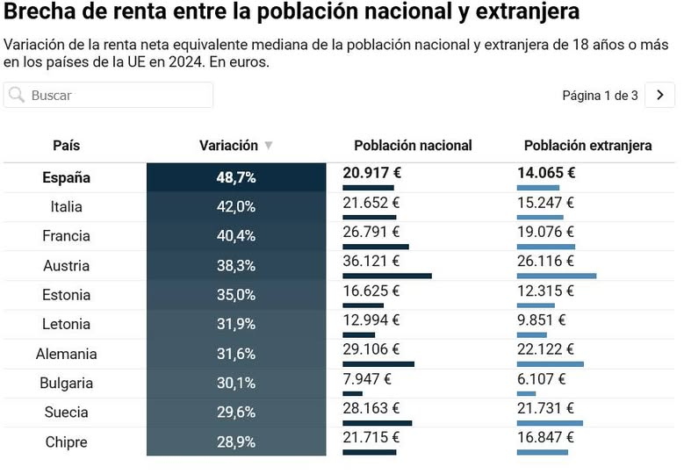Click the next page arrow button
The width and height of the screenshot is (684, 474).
click(x=659, y=95)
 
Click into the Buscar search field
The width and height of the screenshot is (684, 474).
click(x=119, y=95)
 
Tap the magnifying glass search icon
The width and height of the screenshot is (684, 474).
click(x=17, y=95)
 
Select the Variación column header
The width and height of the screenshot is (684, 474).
click(x=228, y=146)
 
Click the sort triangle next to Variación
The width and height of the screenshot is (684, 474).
click(x=269, y=146)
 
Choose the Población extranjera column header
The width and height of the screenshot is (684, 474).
click(x=587, y=146)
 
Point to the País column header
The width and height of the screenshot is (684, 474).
click(x=66, y=146)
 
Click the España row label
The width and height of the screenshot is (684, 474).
click(x=66, y=177)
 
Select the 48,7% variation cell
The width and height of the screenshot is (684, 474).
click(x=236, y=177)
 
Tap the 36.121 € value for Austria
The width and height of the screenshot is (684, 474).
click(x=371, y=262)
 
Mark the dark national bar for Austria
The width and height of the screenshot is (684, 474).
click(x=386, y=276)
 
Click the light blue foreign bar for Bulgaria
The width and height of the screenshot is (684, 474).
click(x=526, y=393)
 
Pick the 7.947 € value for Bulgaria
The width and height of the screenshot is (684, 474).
click(x=367, y=379)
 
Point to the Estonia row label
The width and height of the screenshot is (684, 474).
click(x=66, y=295)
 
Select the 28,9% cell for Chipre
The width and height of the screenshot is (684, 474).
click(x=236, y=442)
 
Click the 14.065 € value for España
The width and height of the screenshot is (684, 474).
click(x=546, y=173)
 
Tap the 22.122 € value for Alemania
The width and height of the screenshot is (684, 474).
click(x=545, y=349)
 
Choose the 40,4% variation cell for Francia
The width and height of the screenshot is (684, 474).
click(x=236, y=236)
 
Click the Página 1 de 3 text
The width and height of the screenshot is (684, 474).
click(x=600, y=96)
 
